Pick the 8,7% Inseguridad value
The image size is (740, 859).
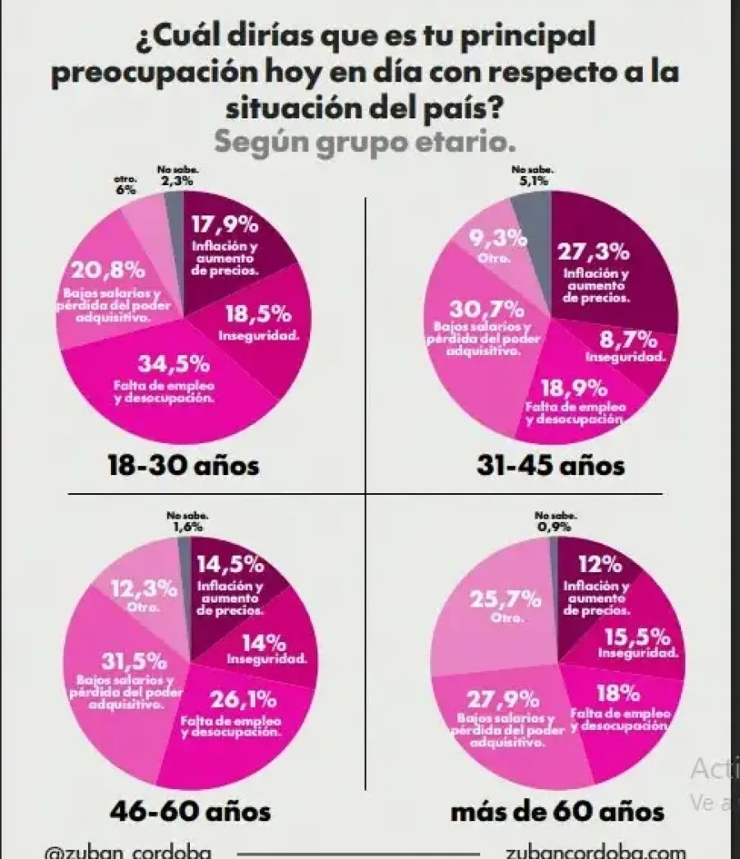(628, 339)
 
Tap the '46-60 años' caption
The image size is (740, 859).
(190, 812)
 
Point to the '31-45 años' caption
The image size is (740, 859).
(550, 467)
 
